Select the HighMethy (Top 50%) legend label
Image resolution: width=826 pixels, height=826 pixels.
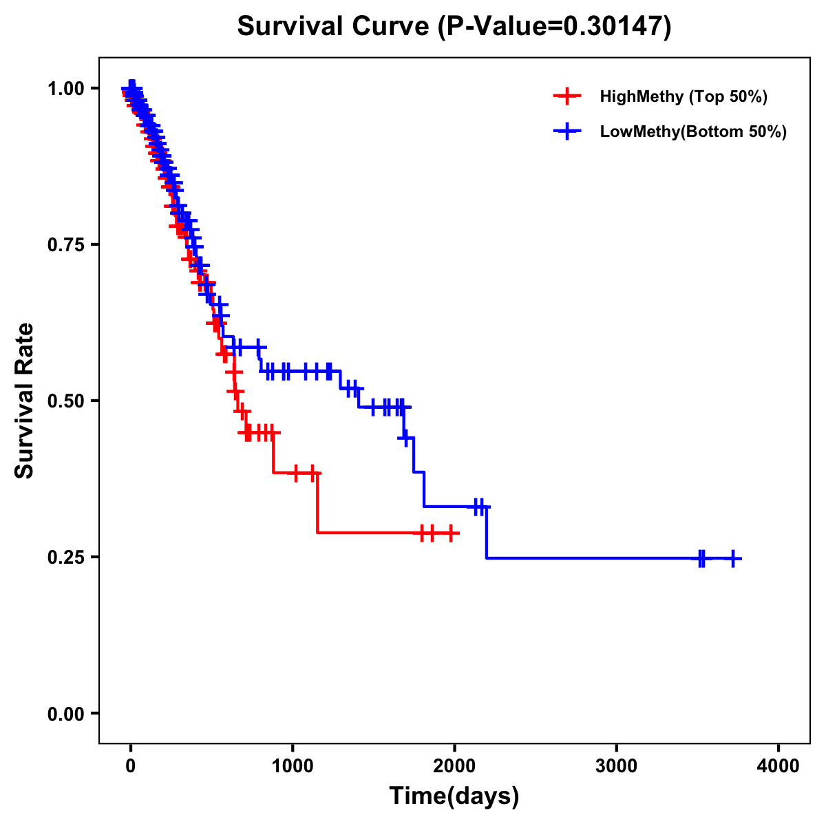(x=684, y=96)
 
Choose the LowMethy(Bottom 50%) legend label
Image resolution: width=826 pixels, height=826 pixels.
(x=693, y=131)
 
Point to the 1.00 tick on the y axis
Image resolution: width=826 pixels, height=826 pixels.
(x=65, y=88)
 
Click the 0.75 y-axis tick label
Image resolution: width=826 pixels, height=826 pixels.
(x=65, y=244)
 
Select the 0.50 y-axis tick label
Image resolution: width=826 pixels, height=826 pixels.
(x=65, y=401)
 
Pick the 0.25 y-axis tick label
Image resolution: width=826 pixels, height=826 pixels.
(x=65, y=557)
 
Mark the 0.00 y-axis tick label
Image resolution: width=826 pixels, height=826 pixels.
(x=65, y=713)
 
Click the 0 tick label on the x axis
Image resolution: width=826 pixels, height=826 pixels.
(x=131, y=766)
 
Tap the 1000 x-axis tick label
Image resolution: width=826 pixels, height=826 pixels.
(x=293, y=766)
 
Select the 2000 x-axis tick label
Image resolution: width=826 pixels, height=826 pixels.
(x=454, y=766)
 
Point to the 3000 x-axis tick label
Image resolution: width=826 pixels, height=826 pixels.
(x=616, y=766)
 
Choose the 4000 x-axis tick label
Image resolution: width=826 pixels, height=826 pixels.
(x=779, y=766)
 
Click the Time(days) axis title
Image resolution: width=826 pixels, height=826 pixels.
(x=454, y=796)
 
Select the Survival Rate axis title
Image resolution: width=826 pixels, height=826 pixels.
(x=25, y=400)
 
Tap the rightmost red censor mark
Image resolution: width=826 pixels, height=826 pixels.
(x=451, y=533)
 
